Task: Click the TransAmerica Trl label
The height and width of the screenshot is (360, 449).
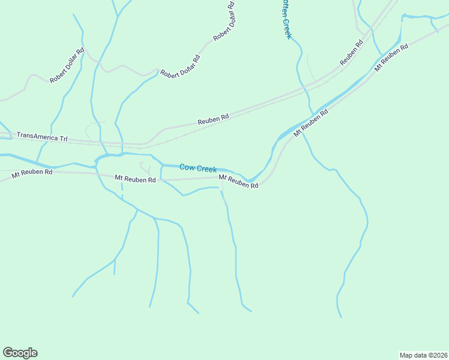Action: [42, 137]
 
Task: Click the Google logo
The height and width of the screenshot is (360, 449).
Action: [20, 353]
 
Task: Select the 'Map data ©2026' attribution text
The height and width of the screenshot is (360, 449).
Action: [423, 355]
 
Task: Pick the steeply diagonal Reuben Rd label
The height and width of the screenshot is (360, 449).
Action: [352, 53]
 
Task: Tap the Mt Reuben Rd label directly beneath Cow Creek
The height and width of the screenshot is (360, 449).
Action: [238, 182]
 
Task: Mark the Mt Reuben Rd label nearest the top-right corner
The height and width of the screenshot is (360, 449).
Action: [391, 58]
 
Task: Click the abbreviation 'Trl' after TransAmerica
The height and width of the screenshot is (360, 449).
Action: [62, 139]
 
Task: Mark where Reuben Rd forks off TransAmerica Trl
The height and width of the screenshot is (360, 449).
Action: [146, 145]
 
